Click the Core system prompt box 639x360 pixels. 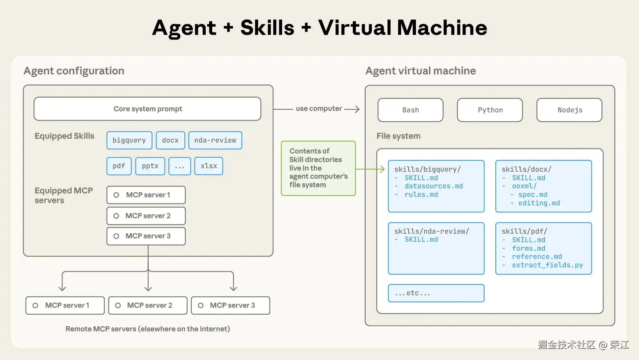[x=148, y=109]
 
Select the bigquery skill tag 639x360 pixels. [x=129, y=140]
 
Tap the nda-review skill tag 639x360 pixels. [x=215, y=140]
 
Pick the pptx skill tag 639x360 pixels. [x=150, y=166]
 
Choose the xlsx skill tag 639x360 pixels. [x=209, y=166]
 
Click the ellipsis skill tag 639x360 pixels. [x=180, y=166]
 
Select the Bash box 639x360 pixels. [x=411, y=110]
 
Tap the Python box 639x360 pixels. [x=490, y=110]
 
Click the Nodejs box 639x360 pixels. [x=569, y=110]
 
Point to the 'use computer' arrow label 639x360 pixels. [x=319, y=109]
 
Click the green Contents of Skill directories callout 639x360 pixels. [x=318, y=168]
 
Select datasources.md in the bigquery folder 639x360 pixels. [x=434, y=186]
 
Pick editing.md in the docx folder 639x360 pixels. [x=539, y=203]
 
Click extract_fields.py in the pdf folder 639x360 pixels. [x=547, y=265]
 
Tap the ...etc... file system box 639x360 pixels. [x=436, y=293]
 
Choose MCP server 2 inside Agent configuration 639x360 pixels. [x=146, y=216]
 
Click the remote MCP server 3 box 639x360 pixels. [x=231, y=305]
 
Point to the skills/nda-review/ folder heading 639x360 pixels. [x=431, y=231]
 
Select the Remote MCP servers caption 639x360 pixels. [x=148, y=329]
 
